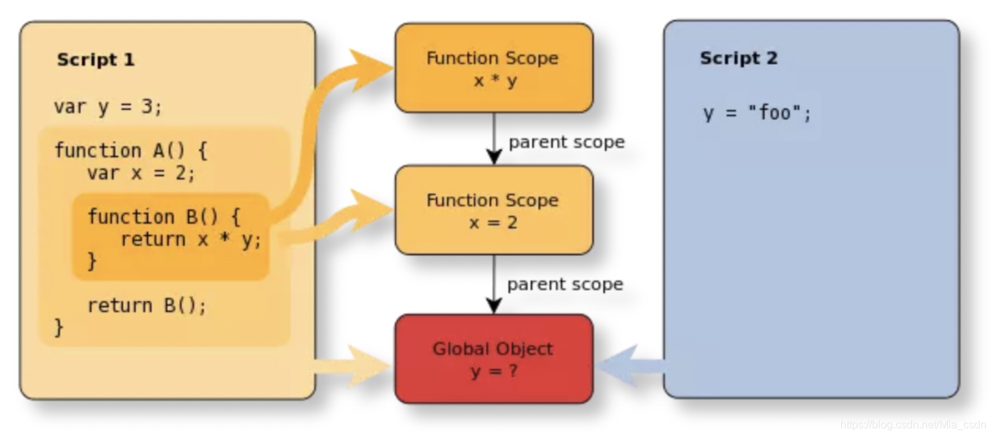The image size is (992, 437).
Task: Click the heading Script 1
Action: pyautogui.click(x=96, y=59)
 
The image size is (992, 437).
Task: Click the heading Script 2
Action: pyautogui.click(x=739, y=58)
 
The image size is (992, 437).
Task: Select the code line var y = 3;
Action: pyautogui.click(x=108, y=107)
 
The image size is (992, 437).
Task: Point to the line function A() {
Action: pyautogui.click(x=130, y=150)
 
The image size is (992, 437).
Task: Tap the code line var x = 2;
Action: pyautogui.click(x=141, y=173)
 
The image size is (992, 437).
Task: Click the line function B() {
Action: pyautogui.click(x=164, y=216)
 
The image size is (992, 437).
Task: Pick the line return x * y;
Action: pyautogui.click(x=191, y=239)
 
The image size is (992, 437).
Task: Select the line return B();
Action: pyautogui.click(x=146, y=305)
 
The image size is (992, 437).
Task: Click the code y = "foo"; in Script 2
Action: pyautogui.click(x=758, y=113)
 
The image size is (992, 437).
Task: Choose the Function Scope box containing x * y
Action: pyautogui.click(x=493, y=68)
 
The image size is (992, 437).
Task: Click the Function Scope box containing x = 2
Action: pyautogui.click(x=493, y=210)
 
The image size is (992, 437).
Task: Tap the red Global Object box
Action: pyautogui.click(x=493, y=358)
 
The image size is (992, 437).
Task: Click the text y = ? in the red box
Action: pyautogui.click(x=493, y=371)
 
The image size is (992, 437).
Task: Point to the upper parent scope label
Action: pyautogui.click(x=566, y=142)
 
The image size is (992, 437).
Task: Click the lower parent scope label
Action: pyautogui.click(x=565, y=283)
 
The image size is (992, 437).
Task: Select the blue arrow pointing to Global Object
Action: pyautogui.click(x=632, y=367)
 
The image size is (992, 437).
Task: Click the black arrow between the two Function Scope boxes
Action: pyautogui.click(x=493, y=139)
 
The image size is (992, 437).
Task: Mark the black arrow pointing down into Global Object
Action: pyautogui.click(x=493, y=285)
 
